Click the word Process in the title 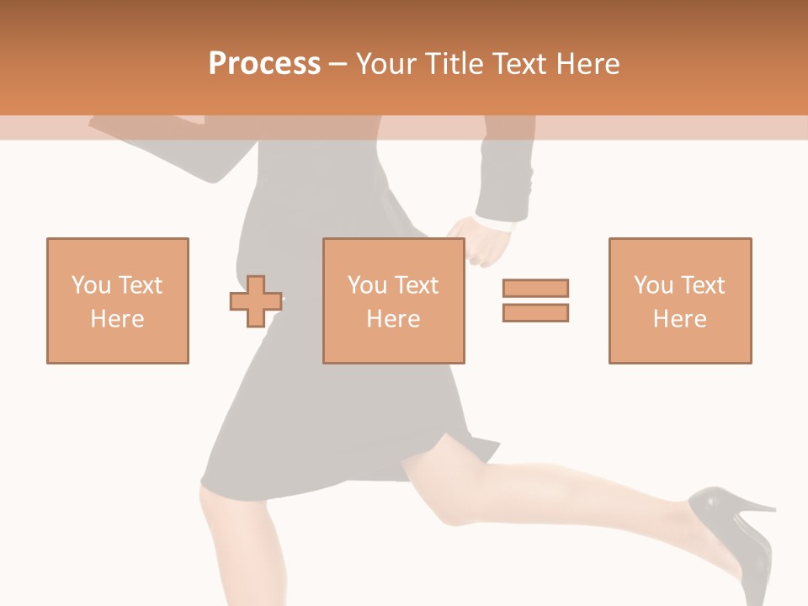click(x=264, y=64)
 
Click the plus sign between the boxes click(x=255, y=300)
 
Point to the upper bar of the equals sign click(x=535, y=288)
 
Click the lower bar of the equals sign click(x=535, y=312)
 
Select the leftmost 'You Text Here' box click(x=118, y=300)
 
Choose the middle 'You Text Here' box click(x=393, y=300)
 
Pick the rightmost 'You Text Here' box click(x=680, y=300)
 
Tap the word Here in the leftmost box click(x=118, y=319)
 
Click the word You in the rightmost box click(x=653, y=285)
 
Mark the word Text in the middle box click(x=416, y=285)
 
